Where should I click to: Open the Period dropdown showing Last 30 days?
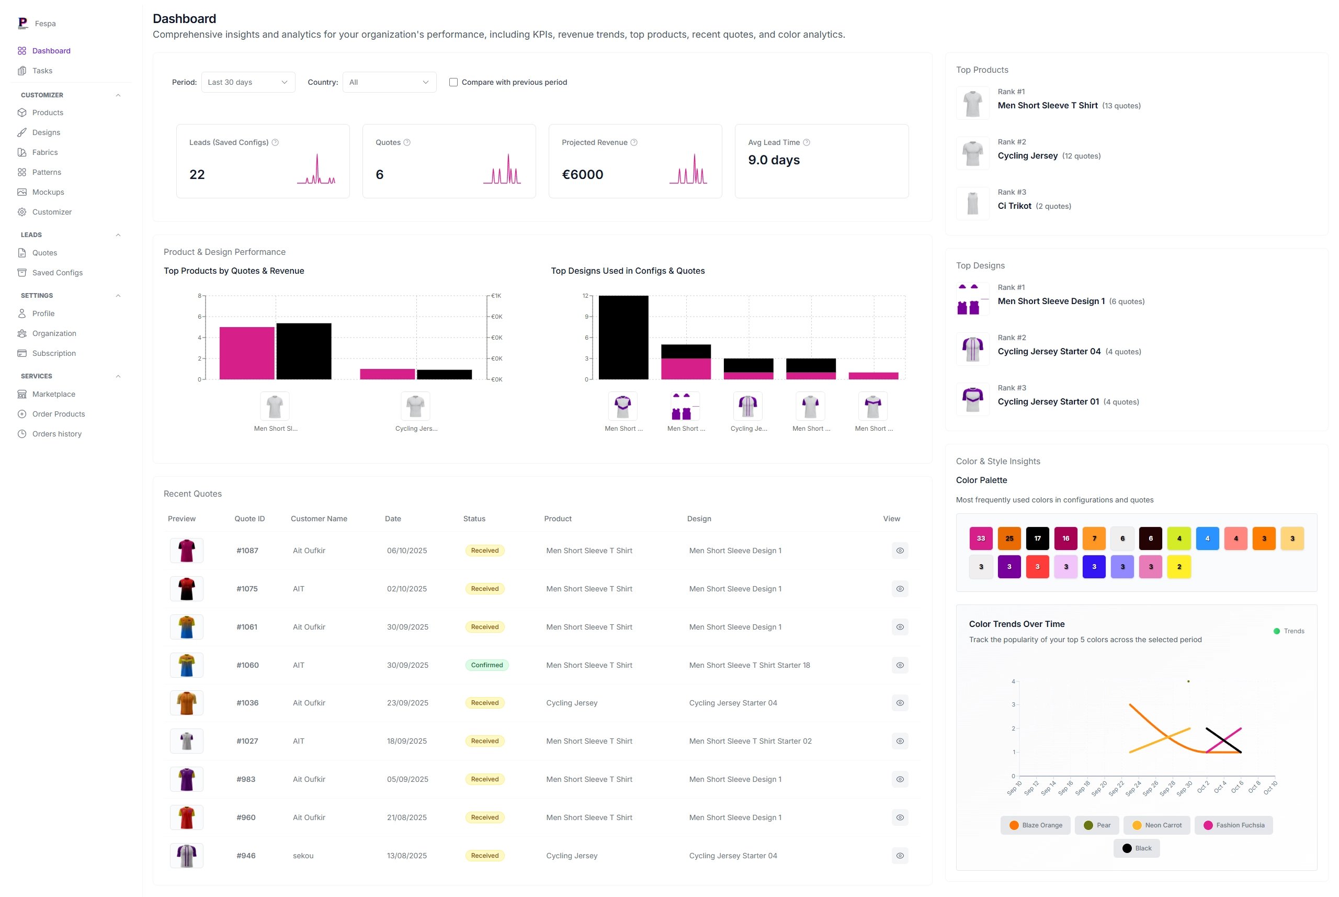(247, 82)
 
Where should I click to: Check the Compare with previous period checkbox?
(453, 82)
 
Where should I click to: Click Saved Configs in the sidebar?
(57, 273)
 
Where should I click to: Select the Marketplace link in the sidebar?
(54, 394)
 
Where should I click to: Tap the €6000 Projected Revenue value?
(582, 174)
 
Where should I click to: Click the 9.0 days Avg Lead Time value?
(774, 160)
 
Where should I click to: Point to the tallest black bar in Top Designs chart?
(623, 338)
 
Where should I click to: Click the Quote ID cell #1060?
(247, 665)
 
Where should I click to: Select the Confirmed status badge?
(486, 665)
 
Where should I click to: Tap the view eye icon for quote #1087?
(899, 551)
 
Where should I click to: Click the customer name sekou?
(303, 855)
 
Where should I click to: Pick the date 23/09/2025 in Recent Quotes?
(407, 702)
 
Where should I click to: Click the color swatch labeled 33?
(981, 539)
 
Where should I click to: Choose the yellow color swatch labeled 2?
(1178, 567)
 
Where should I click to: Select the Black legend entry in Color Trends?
(1137, 848)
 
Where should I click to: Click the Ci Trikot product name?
(1014, 206)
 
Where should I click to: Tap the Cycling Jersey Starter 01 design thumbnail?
(972, 399)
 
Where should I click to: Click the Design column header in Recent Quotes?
(699, 519)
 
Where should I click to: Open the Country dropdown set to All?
(389, 82)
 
